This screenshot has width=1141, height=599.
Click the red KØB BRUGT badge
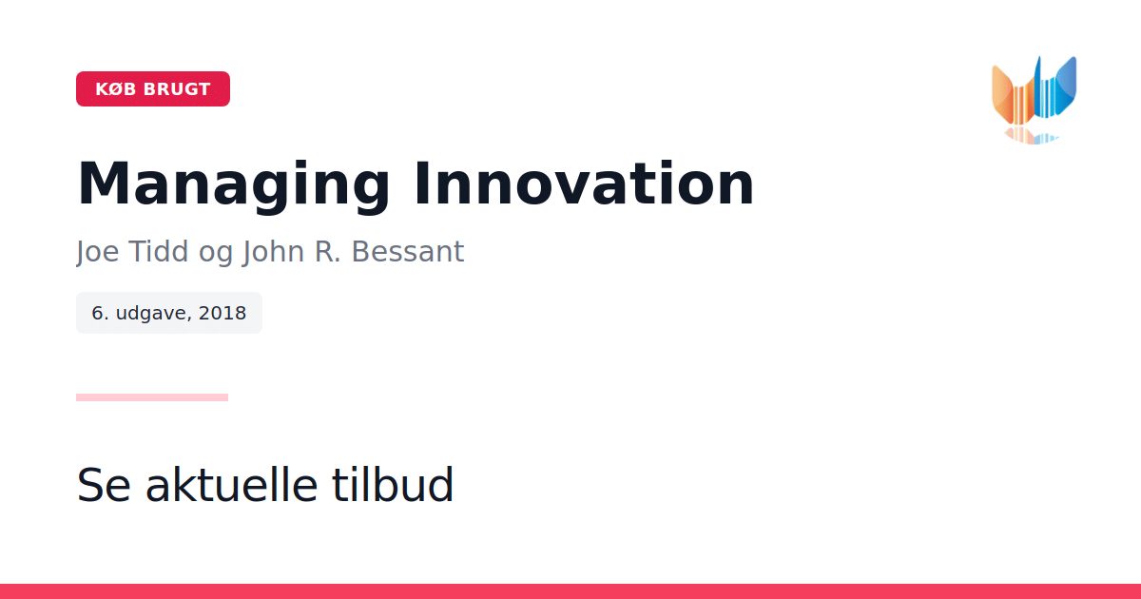point(153,89)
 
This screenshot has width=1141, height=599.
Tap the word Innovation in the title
point(584,184)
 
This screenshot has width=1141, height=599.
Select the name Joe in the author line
point(97,252)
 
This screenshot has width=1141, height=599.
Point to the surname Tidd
point(158,251)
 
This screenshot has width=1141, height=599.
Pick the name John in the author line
point(273,252)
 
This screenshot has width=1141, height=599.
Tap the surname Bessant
point(408,251)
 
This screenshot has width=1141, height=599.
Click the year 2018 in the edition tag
point(222,313)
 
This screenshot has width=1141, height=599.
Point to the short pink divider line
point(152,397)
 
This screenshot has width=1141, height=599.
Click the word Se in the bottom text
point(104,484)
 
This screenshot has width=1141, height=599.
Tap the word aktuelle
point(232,484)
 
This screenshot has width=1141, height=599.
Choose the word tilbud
point(392,484)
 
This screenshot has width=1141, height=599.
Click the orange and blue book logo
point(1035,90)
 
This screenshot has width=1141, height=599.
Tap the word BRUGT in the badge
point(177,89)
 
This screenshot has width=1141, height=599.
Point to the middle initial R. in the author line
point(327,251)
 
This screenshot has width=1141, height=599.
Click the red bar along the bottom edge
point(570,591)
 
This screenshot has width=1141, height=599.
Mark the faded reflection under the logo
point(1032,135)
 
